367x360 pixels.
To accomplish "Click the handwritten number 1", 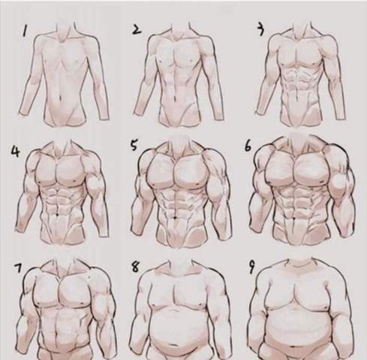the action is pos(25,31).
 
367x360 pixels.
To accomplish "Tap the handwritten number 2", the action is pos(137,29).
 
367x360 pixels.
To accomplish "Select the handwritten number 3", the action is pos(261,29).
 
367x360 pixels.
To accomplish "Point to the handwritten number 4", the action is pos(15,151).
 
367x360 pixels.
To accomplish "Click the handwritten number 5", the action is pos(134,145).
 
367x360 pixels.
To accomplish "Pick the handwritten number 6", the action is pos(248,146).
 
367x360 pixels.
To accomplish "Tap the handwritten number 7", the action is pos(18,268).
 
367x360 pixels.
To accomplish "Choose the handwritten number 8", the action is pos(135,267).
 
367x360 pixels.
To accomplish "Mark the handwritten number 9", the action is pos(251,268).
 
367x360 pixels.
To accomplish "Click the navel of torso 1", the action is pos(59,97).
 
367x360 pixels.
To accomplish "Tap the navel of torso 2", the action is pos(174,96).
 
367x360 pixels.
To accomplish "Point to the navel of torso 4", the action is pos(58,214).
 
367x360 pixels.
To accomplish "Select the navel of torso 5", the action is pos(175,217).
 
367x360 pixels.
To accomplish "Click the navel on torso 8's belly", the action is pos(173,345).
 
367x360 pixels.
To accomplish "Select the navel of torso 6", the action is pos(294,219).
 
